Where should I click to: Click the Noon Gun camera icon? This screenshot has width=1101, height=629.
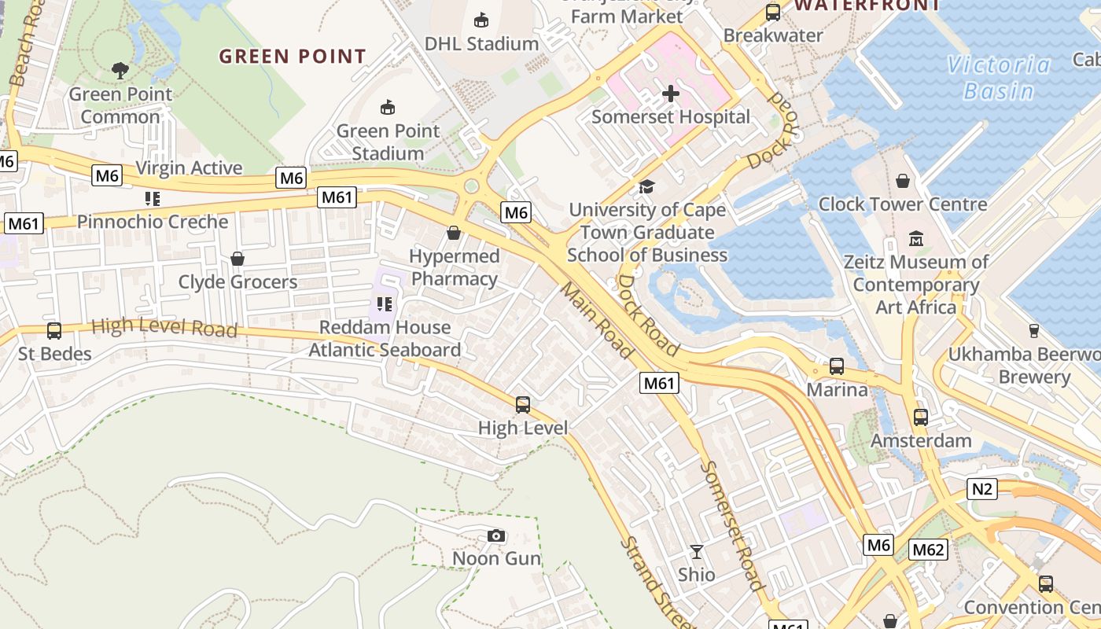(496, 536)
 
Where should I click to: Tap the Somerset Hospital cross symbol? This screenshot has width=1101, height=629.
(671, 94)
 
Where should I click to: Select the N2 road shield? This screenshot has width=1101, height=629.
(982, 489)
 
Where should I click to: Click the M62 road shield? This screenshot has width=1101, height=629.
(928, 550)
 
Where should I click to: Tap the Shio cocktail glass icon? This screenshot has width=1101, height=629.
(697, 552)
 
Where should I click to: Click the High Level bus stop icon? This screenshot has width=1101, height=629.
(523, 405)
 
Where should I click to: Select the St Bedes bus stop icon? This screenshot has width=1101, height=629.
(54, 331)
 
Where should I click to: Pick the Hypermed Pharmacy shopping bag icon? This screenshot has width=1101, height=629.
(454, 233)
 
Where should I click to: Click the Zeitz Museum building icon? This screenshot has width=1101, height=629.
(916, 238)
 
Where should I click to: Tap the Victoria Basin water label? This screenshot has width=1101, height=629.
(999, 78)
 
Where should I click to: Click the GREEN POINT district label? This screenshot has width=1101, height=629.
(293, 57)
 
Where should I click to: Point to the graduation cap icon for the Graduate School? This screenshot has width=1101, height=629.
(646, 186)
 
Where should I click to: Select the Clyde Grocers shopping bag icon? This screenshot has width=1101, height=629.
(238, 259)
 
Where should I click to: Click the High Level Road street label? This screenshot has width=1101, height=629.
(164, 327)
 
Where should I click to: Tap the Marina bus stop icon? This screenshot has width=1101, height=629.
(837, 366)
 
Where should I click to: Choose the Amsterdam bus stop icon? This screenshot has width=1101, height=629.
(921, 417)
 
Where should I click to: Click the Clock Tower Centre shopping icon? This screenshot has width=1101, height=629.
(903, 182)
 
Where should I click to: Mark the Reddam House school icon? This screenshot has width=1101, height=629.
(385, 303)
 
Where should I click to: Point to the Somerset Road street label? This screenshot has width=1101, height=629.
(731, 525)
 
